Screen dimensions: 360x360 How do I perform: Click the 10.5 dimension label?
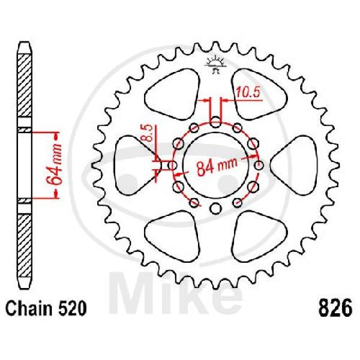pyautogui.click(x=248, y=93)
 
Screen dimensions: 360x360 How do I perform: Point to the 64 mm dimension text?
pyautogui.click(x=54, y=165)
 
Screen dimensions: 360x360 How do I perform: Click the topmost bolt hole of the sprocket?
pyautogui.click(x=216, y=122)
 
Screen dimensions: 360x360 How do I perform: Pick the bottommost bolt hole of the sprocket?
pyautogui.click(x=216, y=209)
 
